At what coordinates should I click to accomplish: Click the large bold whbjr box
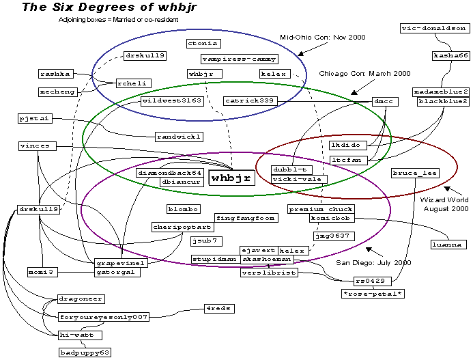tap(231, 178)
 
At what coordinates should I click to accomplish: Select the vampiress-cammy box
tap(230, 59)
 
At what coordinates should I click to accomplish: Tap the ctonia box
tap(203, 43)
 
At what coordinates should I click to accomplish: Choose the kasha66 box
tap(451, 55)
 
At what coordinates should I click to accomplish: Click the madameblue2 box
tap(441, 92)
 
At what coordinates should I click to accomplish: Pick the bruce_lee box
tap(414, 173)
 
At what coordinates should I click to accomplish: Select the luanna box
tap(447, 244)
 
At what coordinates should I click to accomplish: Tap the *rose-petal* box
tap(373, 294)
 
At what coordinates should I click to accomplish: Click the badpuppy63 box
tap(85, 352)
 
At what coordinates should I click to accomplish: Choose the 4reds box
tap(219, 309)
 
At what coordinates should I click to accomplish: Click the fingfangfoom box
tap(245, 218)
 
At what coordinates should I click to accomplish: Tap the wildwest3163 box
tap(171, 100)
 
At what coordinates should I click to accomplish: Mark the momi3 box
tap(41, 272)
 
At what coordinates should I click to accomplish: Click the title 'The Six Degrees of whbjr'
tap(98, 8)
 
